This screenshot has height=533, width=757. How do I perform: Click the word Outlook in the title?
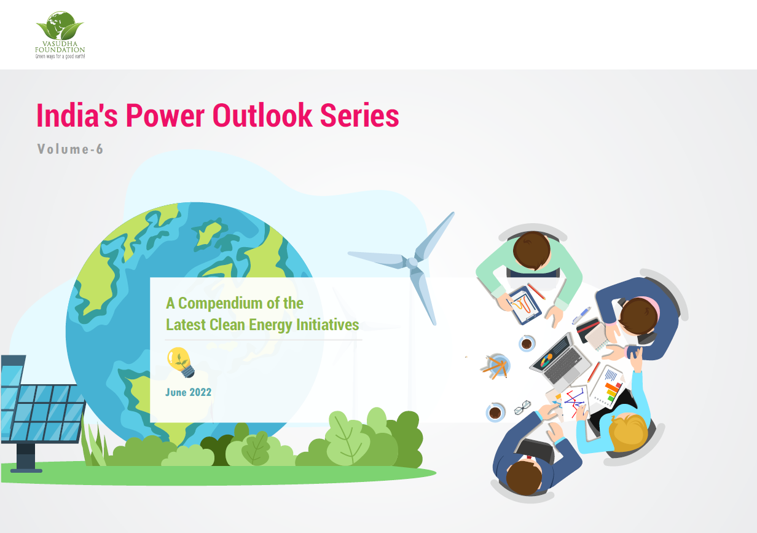coord(262,116)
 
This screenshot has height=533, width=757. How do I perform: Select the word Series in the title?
coord(359,116)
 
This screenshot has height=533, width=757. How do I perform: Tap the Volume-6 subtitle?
coord(70,149)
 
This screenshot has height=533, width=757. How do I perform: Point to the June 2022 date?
coord(188,392)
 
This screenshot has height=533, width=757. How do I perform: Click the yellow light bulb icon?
coord(181,362)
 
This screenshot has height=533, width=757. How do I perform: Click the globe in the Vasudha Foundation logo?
coord(61,25)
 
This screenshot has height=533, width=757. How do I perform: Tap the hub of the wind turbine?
coord(412,263)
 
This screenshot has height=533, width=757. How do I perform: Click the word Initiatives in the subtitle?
coord(328,325)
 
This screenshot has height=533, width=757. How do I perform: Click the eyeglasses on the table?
coord(522,407)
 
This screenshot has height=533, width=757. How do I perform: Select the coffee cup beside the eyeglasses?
coord(495,413)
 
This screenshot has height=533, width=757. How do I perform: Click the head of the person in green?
coord(531,250)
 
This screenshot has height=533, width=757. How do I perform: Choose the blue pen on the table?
coord(581,315)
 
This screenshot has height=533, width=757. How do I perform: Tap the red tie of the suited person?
coord(529,457)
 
